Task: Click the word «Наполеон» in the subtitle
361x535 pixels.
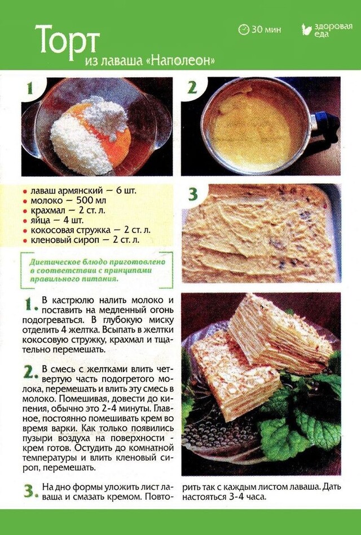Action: (183, 60)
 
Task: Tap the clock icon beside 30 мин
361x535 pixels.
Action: (244, 30)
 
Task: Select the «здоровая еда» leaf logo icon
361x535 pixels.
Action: (307, 29)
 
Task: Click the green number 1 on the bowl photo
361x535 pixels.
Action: (30, 88)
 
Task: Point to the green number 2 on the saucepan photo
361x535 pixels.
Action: (192, 88)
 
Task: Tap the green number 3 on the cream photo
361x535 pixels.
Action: (193, 194)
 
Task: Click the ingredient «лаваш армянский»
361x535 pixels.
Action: (67, 190)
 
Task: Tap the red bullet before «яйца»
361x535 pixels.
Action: (25, 221)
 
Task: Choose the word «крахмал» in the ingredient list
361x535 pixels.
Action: (48, 211)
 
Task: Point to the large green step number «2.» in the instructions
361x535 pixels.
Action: (31, 372)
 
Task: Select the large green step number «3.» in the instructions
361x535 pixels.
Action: (31, 491)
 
